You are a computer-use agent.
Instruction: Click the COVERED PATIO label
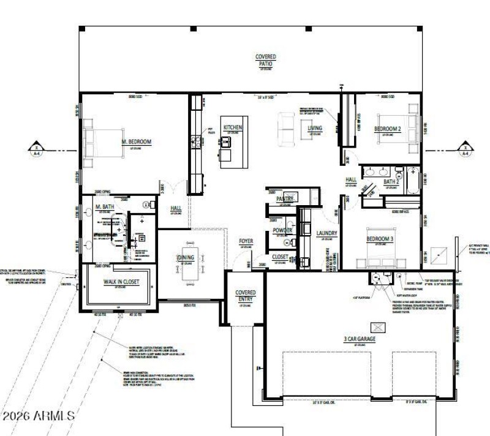(x=265, y=59)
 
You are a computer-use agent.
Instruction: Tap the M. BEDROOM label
(x=135, y=141)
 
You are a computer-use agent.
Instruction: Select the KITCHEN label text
(x=233, y=127)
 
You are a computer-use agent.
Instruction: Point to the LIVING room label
(x=315, y=129)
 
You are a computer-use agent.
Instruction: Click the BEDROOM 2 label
(x=387, y=129)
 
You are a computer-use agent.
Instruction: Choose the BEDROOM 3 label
(x=379, y=239)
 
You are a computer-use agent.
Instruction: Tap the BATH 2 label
(x=391, y=182)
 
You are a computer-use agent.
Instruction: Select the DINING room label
(x=186, y=258)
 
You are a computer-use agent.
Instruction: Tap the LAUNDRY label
(x=328, y=233)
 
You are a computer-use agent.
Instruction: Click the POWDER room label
(x=282, y=231)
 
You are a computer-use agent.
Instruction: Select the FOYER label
(x=246, y=242)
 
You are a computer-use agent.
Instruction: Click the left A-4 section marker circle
(x=36, y=148)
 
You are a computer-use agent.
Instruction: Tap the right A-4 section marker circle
(x=465, y=148)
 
